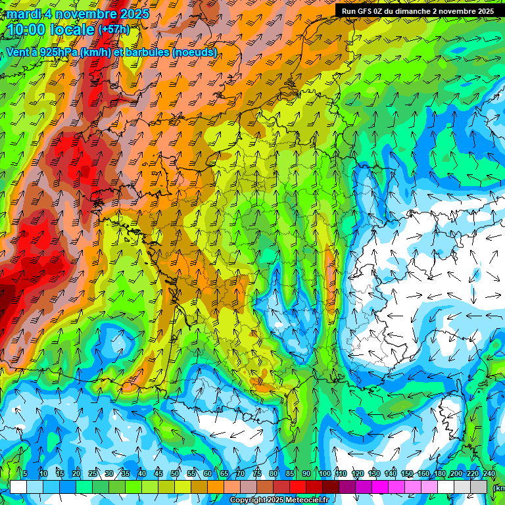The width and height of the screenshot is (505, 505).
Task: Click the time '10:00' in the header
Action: tap(27, 30)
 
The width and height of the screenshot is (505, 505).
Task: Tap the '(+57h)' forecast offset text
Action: tap(114, 30)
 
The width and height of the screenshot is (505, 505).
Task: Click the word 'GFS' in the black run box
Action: tap(366, 11)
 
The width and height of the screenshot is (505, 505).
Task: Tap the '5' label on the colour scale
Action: tap(25, 473)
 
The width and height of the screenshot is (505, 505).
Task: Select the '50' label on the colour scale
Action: tap(175, 473)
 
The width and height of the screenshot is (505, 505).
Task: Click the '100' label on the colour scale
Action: tap(324, 473)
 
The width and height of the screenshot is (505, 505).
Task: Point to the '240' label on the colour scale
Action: tap(489, 473)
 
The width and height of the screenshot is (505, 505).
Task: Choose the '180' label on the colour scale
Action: tap(439, 473)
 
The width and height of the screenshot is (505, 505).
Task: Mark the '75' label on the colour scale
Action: tap(257, 473)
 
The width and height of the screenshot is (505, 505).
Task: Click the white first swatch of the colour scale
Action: tap(18, 487)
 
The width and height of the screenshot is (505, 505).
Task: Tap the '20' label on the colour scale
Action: tap(76, 473)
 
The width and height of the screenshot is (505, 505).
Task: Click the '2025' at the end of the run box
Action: tap(485, 11)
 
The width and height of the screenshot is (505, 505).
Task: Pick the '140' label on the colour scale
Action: tap(390, 473)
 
